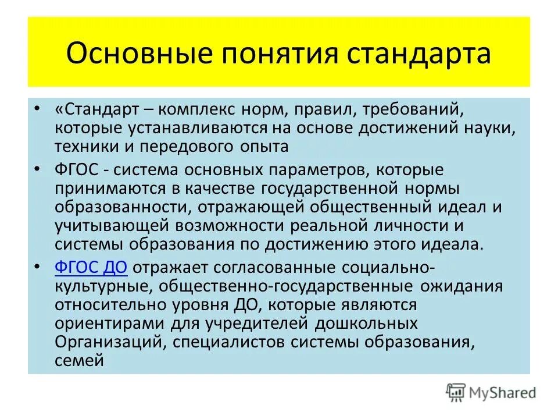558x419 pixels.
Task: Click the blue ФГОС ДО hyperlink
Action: pos(91,268)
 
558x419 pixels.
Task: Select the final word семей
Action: pos(80,360)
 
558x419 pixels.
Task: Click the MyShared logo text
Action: pos(504,393)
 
